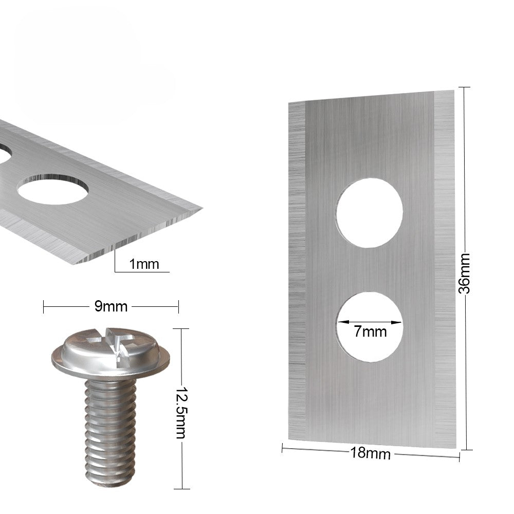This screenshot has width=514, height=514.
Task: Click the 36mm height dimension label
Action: [464, 273]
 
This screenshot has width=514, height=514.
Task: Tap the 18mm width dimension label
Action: [371, 453]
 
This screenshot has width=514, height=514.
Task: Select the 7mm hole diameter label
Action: [370, 332]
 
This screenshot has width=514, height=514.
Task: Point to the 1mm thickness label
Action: [144, 264]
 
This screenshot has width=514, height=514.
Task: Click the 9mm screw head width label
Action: [111, 306]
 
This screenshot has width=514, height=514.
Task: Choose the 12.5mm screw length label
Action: [181, 413]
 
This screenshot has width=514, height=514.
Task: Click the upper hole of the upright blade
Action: [370, 213]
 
